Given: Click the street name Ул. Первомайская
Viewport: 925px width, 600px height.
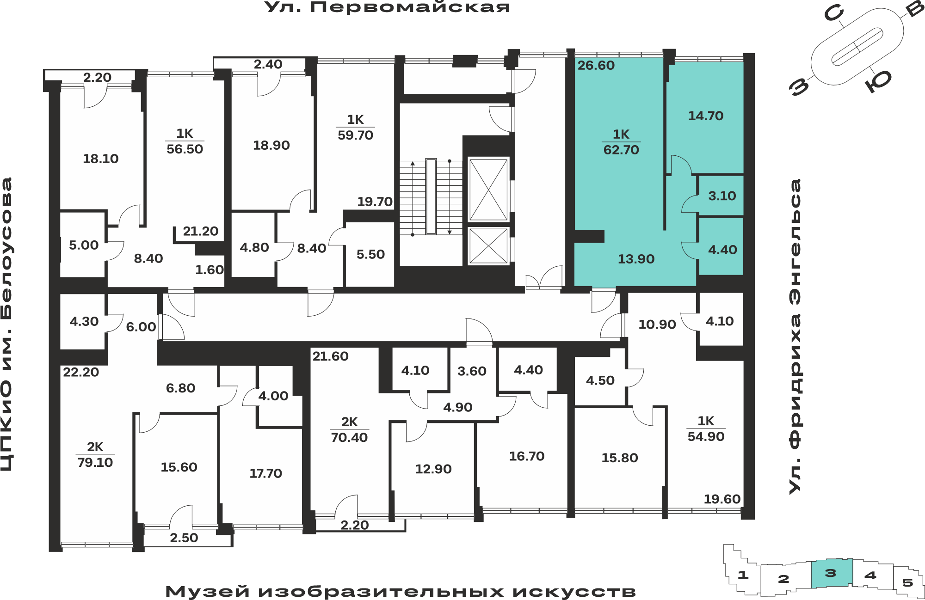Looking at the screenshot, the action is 387,7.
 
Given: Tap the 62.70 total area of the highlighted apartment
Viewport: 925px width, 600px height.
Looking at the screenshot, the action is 621,150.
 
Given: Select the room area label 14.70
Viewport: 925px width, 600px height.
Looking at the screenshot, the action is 706,116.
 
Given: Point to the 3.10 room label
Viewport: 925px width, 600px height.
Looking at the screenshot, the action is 722,196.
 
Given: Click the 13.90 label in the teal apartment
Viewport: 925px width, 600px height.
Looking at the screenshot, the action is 636,259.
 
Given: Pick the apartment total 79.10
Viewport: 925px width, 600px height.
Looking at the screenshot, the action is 95,462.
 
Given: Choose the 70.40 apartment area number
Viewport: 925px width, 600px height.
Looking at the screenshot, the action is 349,437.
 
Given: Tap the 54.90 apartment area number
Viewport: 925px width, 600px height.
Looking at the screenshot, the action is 706,436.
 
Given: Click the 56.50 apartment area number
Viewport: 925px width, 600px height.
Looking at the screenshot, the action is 185,149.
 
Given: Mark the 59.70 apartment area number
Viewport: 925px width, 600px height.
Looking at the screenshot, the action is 355,135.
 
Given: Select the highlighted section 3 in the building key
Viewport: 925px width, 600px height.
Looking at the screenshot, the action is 831,573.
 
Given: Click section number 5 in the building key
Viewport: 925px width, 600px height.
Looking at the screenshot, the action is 907,582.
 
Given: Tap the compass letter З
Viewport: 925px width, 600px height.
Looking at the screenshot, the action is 800,86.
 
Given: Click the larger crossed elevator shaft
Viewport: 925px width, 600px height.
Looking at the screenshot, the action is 488,190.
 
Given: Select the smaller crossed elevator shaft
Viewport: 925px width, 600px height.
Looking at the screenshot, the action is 488,246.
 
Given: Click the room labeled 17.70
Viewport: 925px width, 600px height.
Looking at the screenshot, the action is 265,473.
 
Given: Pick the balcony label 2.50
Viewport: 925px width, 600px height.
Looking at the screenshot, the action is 184,538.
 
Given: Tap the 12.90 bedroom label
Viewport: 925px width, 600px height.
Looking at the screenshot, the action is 433,469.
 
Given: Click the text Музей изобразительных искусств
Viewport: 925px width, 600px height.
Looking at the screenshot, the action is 401,592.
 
